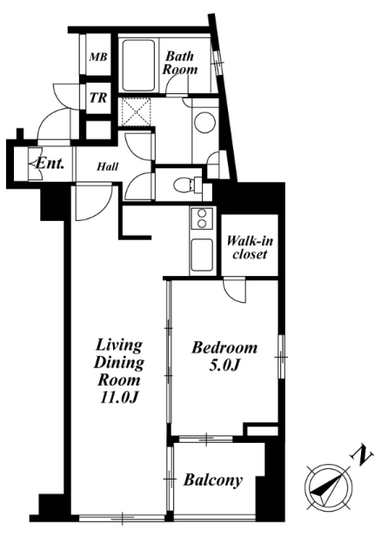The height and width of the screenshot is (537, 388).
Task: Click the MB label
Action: [98, 57]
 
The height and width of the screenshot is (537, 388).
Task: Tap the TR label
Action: [98, 98]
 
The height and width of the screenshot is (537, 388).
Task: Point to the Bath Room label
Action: [180, 63]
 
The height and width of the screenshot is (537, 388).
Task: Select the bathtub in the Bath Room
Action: [138, 65]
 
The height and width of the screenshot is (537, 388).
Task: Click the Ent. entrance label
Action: [50, 164]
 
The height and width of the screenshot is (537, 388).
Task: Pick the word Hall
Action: [108, 167]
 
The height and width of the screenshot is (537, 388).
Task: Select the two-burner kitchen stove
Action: [202, 218]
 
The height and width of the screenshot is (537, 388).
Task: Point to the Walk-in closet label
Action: [250, 247]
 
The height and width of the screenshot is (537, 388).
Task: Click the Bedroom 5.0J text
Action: [224, 356]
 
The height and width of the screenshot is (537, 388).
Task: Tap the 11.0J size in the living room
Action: [118, 398]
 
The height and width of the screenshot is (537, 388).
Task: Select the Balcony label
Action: [213, 480]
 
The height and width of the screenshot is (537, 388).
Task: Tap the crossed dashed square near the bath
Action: [137, 112]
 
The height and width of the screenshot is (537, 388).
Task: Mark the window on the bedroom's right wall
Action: [281, 357]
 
